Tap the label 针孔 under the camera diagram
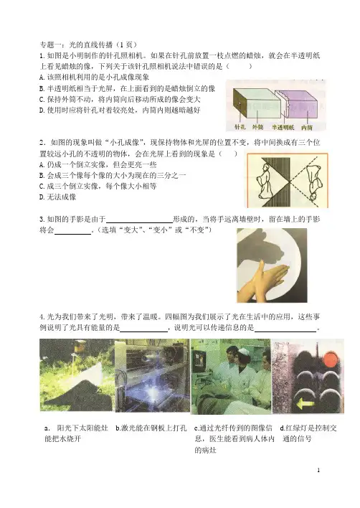(240, 127)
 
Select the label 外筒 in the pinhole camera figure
(257, 127)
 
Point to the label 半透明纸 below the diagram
(283, 127)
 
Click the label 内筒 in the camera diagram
(307, 127)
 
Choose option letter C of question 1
(42, 99)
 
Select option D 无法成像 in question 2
(57, 197)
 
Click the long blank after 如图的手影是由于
(139, 222)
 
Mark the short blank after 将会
(72, 234)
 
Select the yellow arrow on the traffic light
(305, 404)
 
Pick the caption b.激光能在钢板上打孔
(151, 428)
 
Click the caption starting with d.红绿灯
(308, 433)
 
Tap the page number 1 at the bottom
(318, 470)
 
